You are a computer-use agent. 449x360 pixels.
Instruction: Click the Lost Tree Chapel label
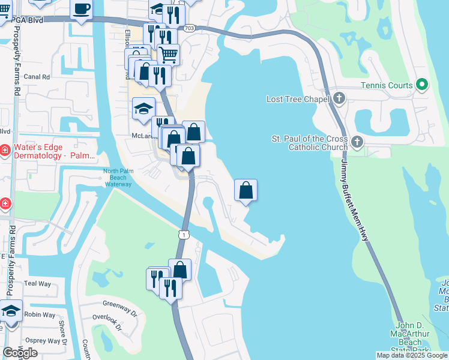coord(298,98)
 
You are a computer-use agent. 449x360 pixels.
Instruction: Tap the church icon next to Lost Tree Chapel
coord(339,98)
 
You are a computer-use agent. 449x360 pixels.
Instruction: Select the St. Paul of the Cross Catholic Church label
coord(310,143)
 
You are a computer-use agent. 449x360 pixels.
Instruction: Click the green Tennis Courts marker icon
coord(421,85)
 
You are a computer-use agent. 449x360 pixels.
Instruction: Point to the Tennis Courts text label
coord(387,85)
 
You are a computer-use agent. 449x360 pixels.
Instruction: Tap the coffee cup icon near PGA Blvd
coord(81,8)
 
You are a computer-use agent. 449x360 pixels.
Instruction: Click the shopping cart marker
coord(169,55)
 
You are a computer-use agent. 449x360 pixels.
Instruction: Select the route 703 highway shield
coord(190,28)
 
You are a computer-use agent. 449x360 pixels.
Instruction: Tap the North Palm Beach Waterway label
coord(117,177)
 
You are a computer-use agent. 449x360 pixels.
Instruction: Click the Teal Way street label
coord(38,283)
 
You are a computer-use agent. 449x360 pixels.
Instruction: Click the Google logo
coord(20,353)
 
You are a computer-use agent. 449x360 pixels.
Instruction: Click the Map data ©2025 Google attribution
coord(411,355)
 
